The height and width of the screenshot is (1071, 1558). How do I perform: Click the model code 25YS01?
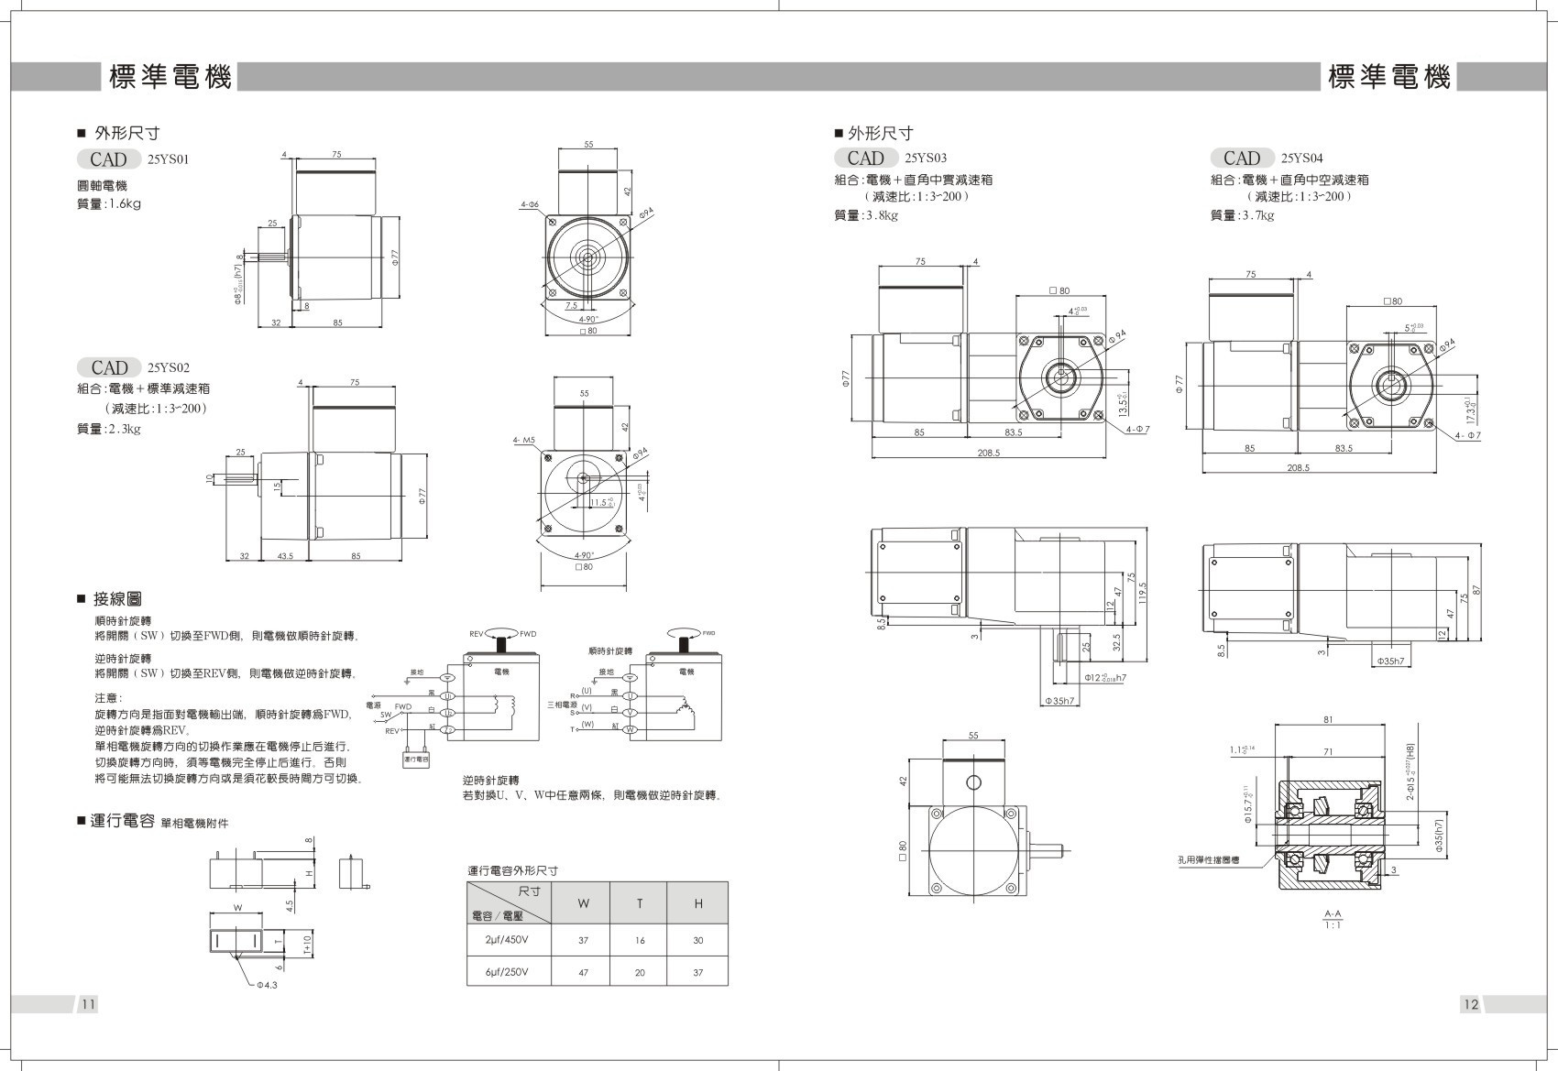[168, 159]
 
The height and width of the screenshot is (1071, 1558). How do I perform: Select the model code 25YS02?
[168, 368]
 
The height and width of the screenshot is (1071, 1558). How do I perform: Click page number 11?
[88, 1004]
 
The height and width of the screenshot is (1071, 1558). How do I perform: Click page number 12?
[1470, 1004]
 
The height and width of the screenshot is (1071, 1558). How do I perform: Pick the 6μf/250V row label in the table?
[508, 972]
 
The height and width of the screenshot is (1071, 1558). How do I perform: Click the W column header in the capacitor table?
[583, 904]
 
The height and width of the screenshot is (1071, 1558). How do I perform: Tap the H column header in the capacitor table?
[697, 904]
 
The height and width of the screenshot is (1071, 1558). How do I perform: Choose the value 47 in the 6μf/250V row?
[583, 972]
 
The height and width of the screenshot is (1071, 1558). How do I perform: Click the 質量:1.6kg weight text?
[109, 204]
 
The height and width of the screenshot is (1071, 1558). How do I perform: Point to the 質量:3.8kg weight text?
[866, 215]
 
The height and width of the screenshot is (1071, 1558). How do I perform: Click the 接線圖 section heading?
[117, 599]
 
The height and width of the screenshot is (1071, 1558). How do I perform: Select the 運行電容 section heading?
[122, 821]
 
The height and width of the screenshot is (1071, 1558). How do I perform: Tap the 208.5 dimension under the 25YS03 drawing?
[989, 453]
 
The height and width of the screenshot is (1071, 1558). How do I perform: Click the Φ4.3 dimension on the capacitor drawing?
[269, 986]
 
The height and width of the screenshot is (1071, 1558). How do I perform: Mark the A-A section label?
[1333, 913]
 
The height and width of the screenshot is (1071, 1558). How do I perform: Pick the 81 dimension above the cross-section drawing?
[1328, 720]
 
